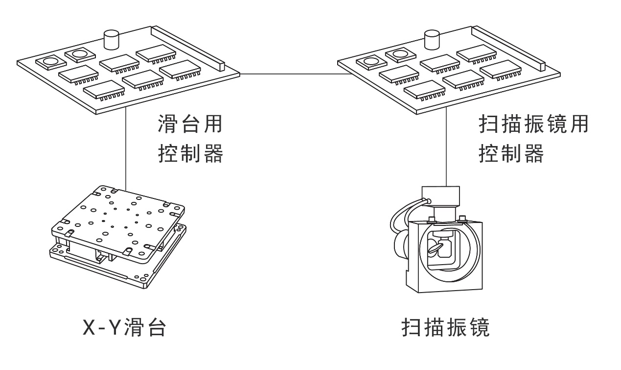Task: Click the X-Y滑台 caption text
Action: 124,328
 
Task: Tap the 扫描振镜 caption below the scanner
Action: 445,328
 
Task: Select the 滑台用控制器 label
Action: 191,139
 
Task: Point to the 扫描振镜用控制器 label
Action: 532,139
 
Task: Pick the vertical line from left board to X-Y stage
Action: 126,147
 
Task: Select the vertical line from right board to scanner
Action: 446,147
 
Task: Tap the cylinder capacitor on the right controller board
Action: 432,39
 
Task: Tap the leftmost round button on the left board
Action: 50,62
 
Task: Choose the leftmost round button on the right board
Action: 370,62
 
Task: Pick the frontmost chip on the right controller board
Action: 424,88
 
